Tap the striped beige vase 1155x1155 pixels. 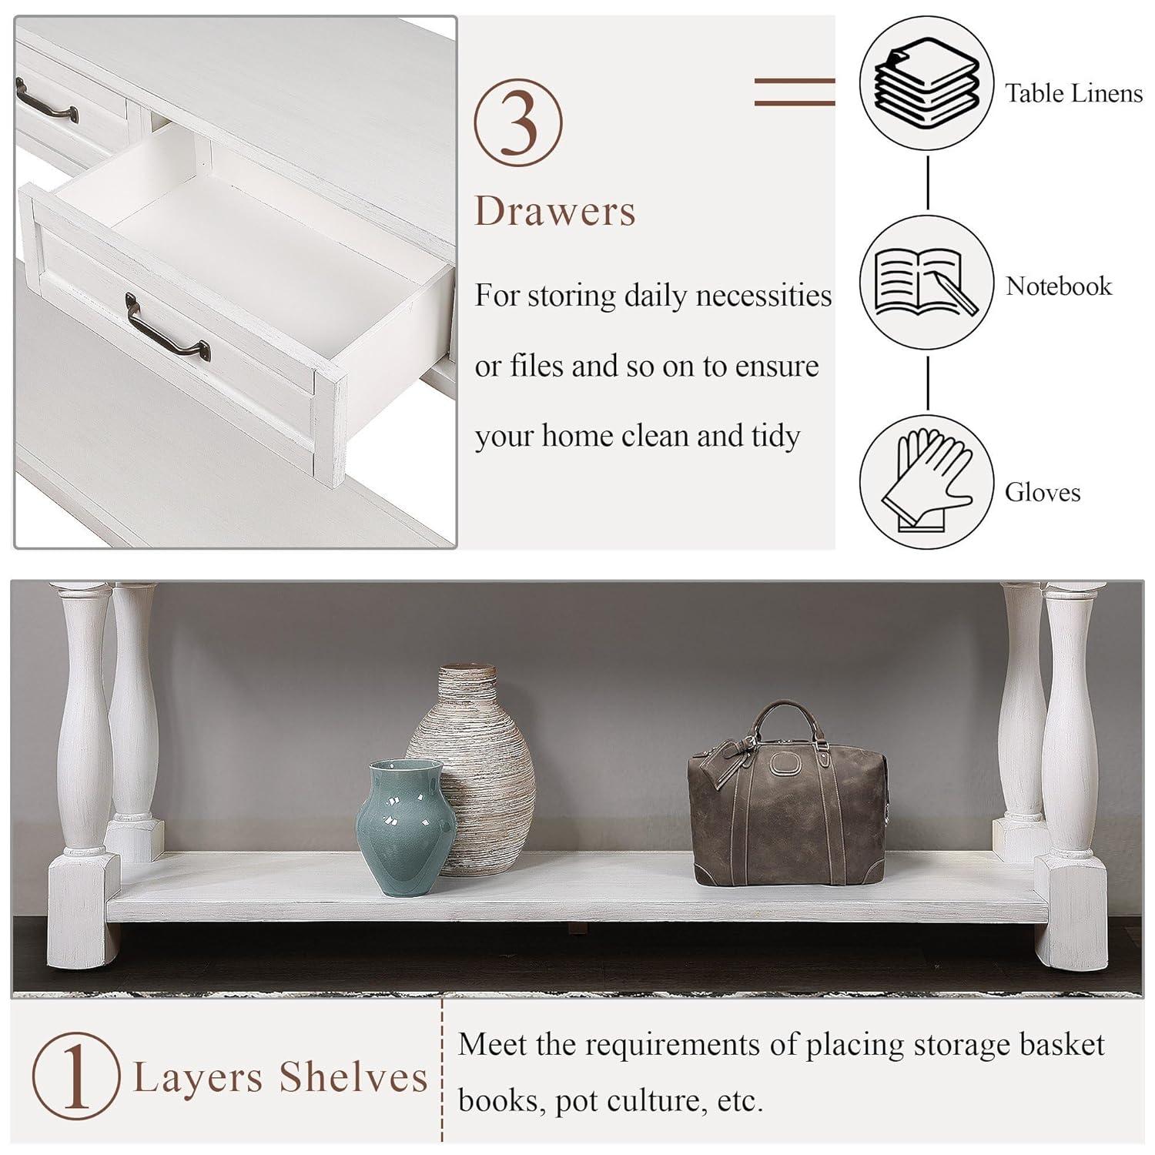tap(470, 770)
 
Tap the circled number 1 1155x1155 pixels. tap(75, 1077)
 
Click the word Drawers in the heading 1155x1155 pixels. tap(555, 210)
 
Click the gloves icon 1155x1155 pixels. tap(926, 482)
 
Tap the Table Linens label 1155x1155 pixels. tap(1073, 93)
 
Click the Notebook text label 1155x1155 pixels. tap(1059, 286)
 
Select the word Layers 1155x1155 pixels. tap(197, 1079)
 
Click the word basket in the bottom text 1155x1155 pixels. tap(1063, 1045)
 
